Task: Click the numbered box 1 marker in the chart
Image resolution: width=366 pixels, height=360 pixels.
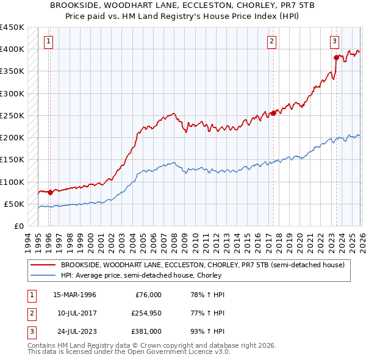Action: [48, 41]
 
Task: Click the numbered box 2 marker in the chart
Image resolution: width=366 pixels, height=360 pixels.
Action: [271, 41]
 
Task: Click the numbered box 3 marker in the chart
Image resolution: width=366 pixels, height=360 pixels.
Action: [335, 41]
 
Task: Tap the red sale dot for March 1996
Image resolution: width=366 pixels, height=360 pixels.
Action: [49, 192]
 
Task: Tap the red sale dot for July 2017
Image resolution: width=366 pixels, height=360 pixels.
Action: [273, 113]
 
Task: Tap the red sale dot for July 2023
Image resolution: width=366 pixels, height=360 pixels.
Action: [336, 57]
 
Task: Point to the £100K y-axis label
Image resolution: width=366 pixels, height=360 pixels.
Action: [12, 182]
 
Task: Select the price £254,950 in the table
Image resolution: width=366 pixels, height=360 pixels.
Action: [145, 314]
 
